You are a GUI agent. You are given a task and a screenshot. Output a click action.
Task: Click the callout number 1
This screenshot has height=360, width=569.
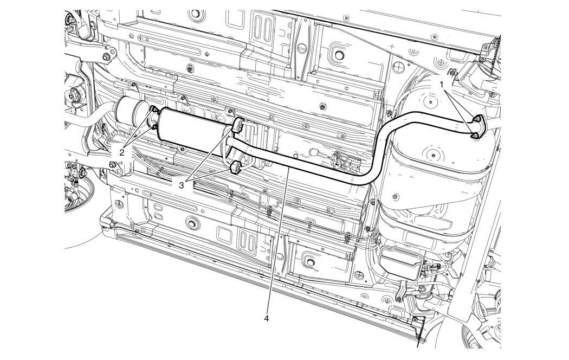click(x=442, y=85)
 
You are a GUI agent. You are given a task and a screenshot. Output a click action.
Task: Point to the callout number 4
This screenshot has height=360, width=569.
click(x=267, y=319)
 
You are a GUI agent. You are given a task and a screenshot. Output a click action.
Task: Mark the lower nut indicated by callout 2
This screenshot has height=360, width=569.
click(x=154, y=126)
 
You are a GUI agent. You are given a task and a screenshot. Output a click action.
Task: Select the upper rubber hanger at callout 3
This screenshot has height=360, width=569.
click(x=238, y=125)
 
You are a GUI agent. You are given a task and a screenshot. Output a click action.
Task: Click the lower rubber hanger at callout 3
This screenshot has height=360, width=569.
click(x=236, y=167)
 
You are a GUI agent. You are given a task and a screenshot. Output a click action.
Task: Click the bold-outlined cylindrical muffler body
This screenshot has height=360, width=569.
click(x=196, y=130)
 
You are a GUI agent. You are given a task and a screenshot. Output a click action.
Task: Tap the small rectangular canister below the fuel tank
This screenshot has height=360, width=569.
click(x=401, y=262)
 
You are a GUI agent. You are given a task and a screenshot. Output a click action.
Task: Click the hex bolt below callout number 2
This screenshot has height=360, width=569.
click(x=112, y=164)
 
